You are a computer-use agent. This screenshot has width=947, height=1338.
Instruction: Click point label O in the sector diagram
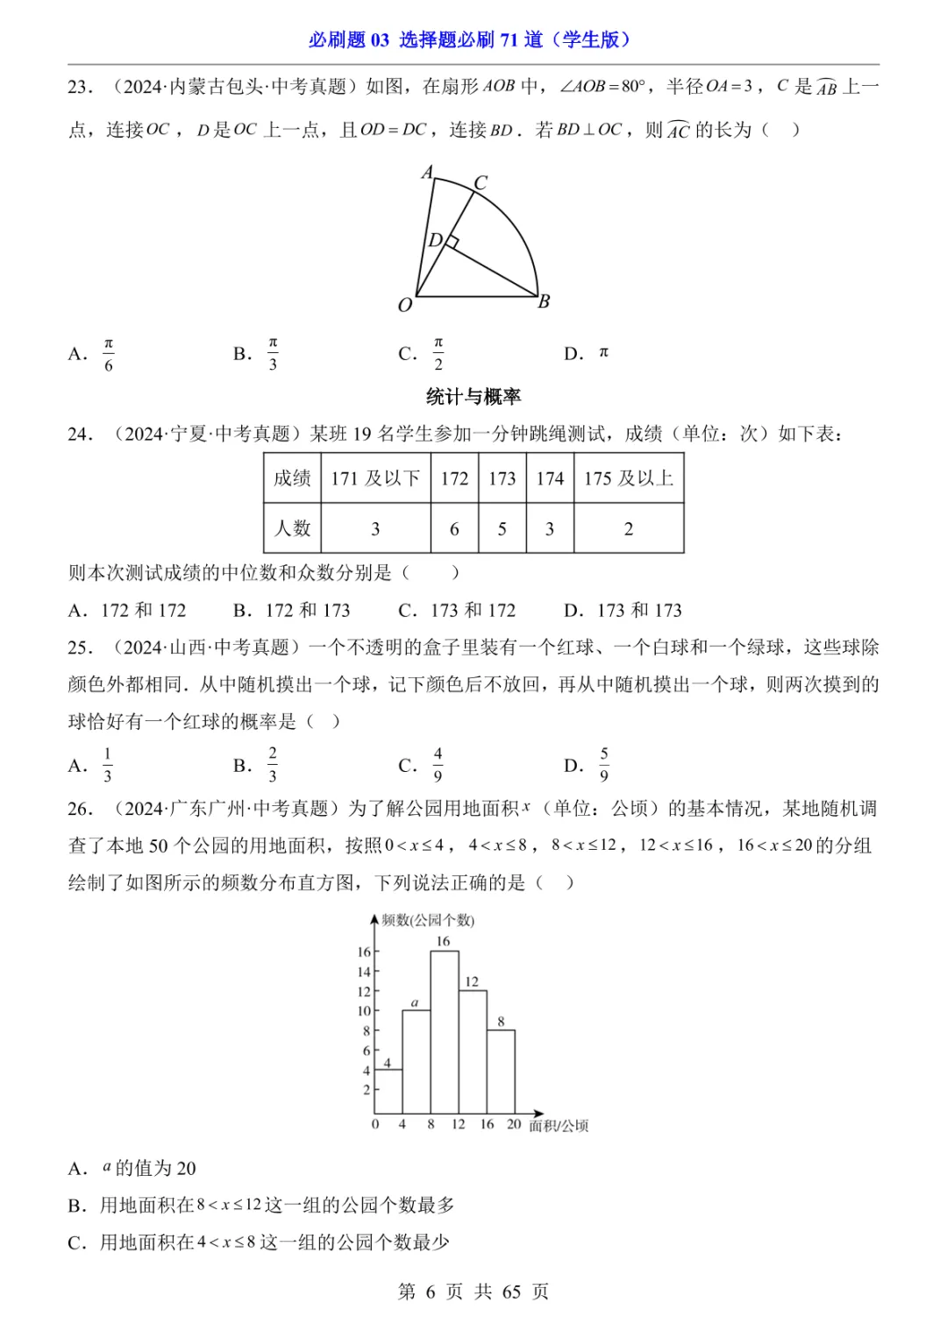coord(404,305)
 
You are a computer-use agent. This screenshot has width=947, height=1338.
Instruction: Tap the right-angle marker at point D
coord(452,241)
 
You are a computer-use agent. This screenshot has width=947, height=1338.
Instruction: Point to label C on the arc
coord(481,182)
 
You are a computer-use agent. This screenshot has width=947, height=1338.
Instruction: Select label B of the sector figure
coord(544,301)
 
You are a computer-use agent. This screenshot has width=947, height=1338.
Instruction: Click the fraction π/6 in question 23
coord(109,354)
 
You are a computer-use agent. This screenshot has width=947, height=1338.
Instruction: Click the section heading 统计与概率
coord(473,397)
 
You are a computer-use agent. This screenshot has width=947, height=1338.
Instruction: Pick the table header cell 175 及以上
coord(628,478)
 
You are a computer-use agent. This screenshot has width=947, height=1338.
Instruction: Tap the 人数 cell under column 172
coord(454,528)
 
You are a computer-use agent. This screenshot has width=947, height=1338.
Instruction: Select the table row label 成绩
coord(292,478)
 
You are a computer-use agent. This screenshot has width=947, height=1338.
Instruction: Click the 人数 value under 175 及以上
coord(628,528)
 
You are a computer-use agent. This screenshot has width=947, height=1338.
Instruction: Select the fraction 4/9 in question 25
coord(438,765)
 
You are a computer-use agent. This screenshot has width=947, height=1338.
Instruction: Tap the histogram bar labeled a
coord(416,1061)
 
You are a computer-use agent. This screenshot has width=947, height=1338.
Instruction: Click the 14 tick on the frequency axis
coord(364,972)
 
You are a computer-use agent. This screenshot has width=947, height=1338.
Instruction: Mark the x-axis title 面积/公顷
coord(559,1126)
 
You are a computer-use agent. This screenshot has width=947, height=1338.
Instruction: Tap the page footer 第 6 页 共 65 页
coord(473,1292)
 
